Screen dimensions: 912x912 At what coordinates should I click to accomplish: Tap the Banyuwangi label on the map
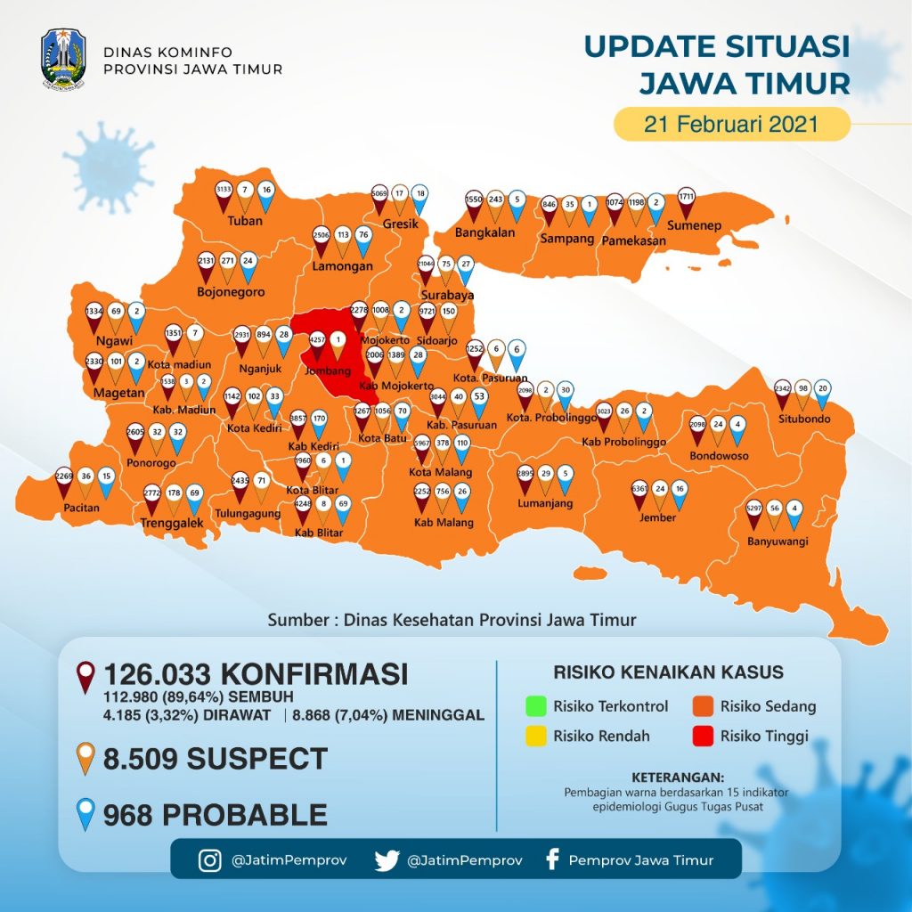(775, 540)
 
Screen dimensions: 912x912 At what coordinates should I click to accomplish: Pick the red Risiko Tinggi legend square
(704, 737)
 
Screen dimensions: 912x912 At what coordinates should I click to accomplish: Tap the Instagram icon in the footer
(210, 860)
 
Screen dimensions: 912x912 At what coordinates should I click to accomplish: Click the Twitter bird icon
(387, 860)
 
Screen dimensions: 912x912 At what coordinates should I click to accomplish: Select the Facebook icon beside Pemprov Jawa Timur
(552, 860)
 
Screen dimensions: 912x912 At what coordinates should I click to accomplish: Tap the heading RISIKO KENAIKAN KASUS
(668, 672)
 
